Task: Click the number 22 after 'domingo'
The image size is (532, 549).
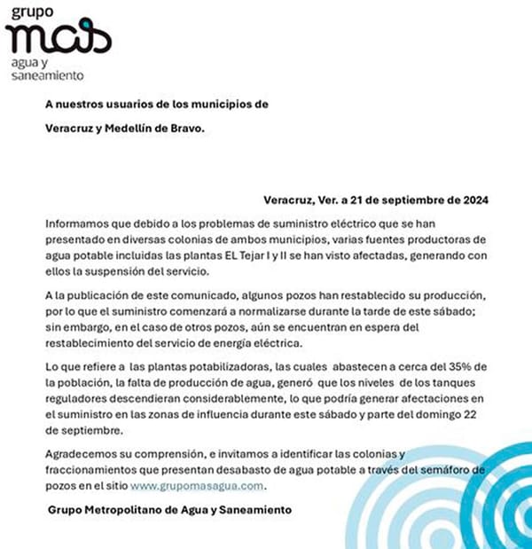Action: (x=484, y=416)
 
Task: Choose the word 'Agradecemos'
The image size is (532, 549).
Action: (x=82, y=454)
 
